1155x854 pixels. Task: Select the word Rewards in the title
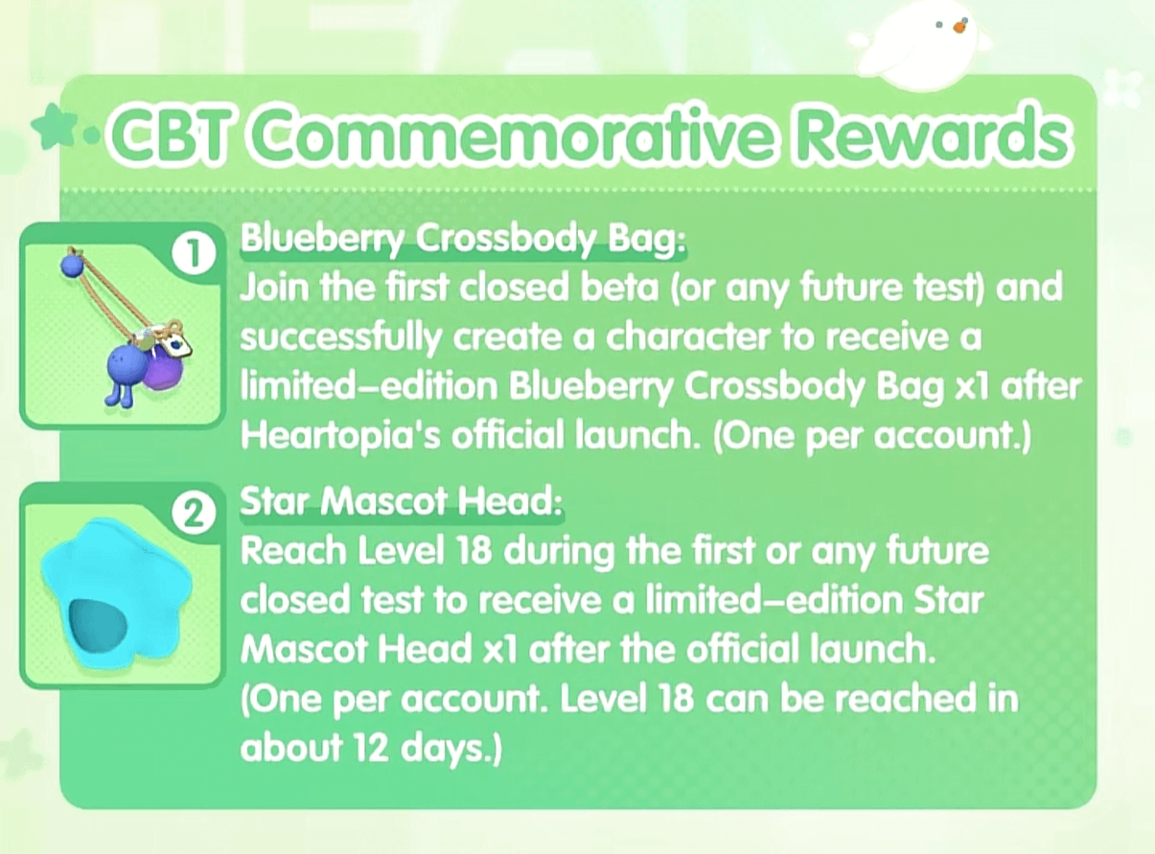(931, 135)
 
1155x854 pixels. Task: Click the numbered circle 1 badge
(194, 255)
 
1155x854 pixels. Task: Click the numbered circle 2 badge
(194, 515)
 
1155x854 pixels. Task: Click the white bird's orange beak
(959, 28)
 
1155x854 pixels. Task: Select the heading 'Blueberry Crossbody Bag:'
(462, 240)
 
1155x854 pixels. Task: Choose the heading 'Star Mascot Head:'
(401, 501)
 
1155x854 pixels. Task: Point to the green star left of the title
(51, 124)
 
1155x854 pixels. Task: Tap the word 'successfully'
(340, 338)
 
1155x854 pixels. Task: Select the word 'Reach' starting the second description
(293, 551)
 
